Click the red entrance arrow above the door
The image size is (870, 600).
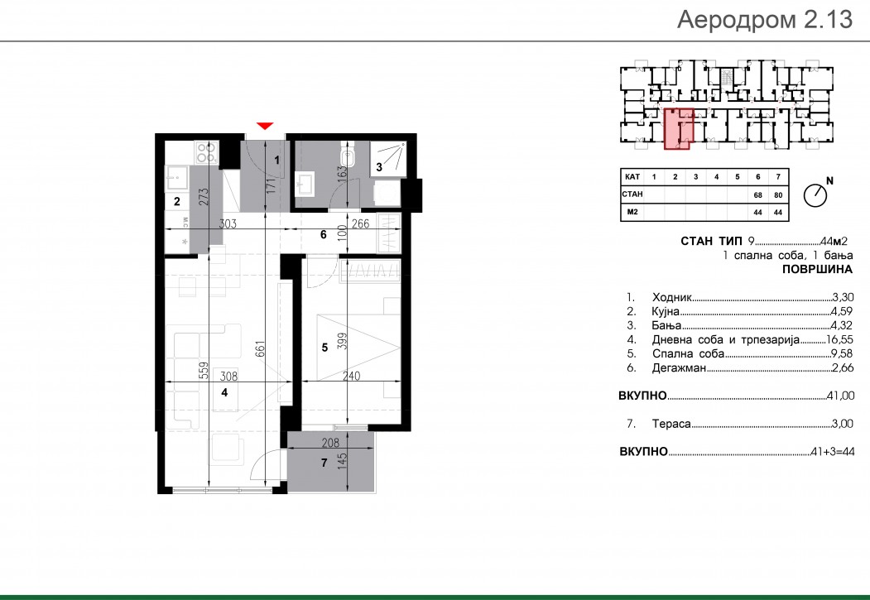(265, 126)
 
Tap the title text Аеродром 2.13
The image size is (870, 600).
(765, 19)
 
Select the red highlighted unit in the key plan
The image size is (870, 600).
(679, 128)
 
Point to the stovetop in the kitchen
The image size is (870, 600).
(205, 152)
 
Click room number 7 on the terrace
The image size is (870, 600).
(324, 463)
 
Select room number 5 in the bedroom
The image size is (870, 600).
(324, 348)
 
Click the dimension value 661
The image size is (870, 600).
(260, 349)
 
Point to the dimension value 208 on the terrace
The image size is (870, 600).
(330, 443)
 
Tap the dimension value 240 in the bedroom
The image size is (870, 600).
(351, 376)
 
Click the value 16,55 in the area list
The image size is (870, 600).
(839, 339)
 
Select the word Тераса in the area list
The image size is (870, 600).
(671, 424)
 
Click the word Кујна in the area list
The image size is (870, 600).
(666, 312)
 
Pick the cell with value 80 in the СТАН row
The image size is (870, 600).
(778, 194)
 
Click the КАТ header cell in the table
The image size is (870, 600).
(632, 177)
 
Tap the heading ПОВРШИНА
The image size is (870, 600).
(817, 270)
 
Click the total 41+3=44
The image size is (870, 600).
(832, 451)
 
